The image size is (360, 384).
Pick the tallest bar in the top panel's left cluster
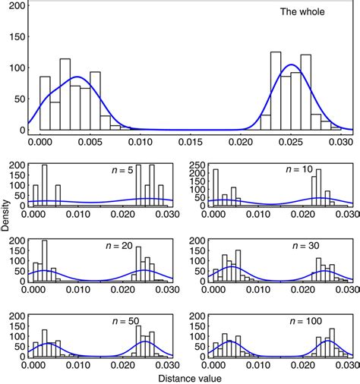65,94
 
